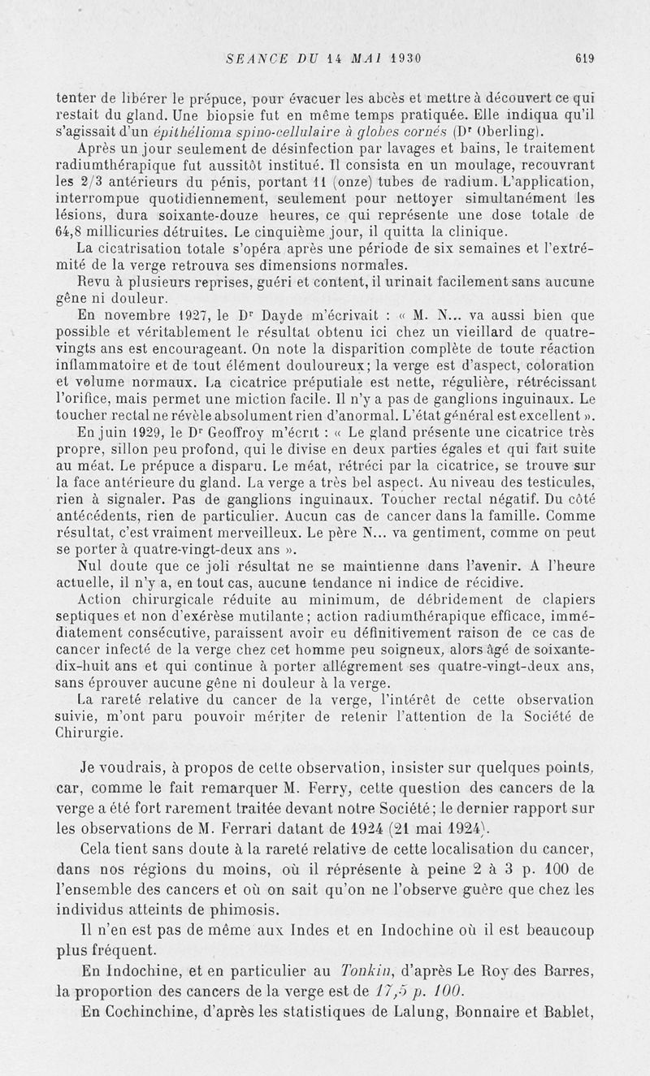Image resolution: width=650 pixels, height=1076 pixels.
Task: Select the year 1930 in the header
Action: (x=402, y=58)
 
